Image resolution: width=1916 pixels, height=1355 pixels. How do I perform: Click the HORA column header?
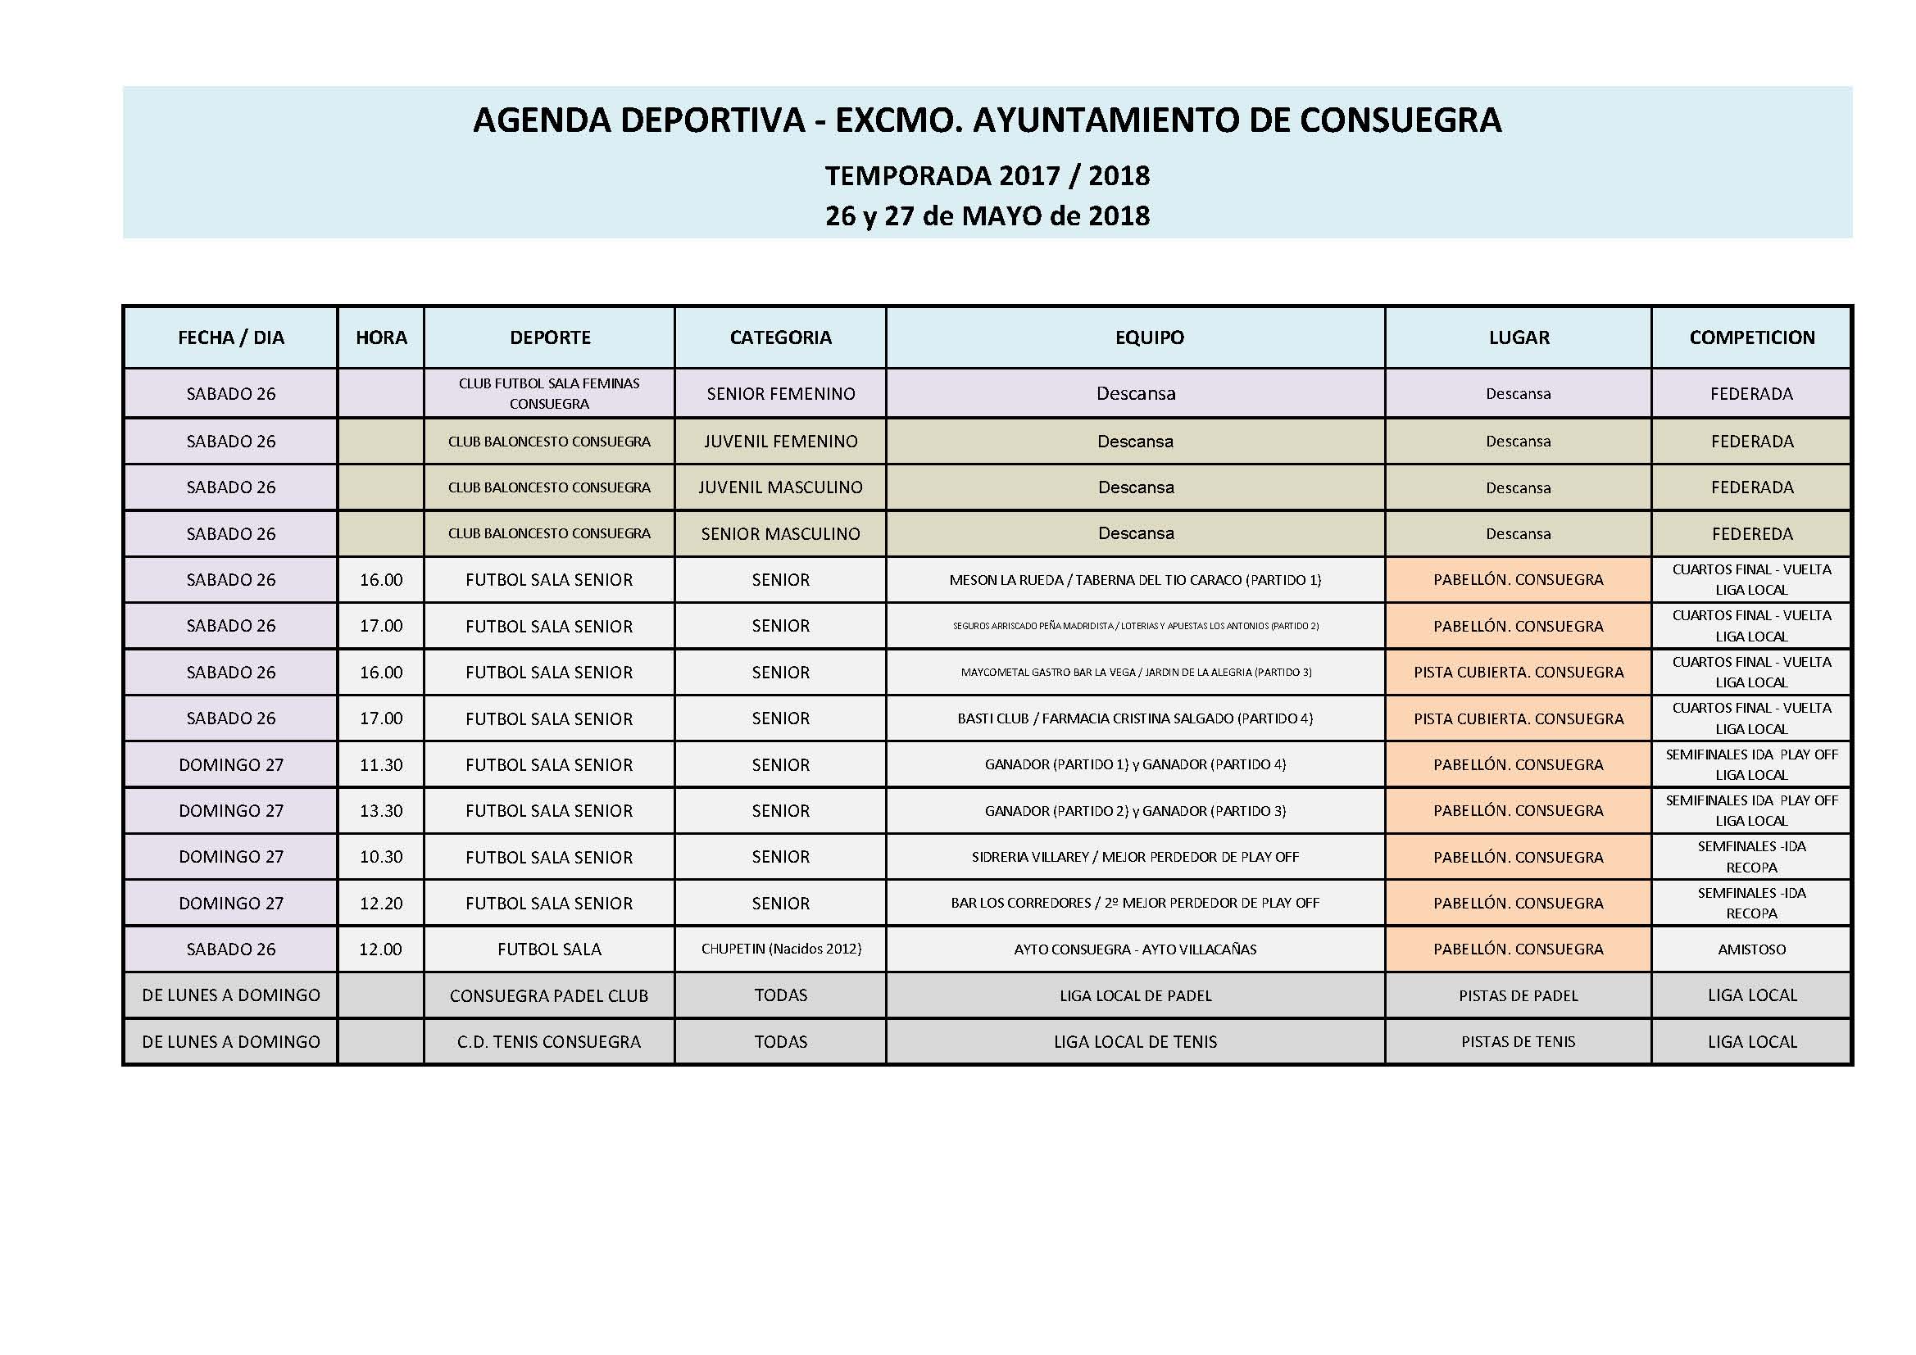click(x=381, y=337)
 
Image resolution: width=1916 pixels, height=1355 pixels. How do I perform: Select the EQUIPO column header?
click(x=1149, y=337)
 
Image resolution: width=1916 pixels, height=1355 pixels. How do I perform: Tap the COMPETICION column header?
click(x=1751, y=337)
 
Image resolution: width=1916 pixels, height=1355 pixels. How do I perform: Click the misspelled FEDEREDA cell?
click(x=1751, y=534)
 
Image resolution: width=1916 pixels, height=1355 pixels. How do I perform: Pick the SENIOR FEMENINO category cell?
click(x=780, y=394)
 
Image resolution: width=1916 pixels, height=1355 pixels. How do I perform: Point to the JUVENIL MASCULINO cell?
click(x=780, y=487)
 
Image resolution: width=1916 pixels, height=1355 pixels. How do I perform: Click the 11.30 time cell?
click(x=381, y=765)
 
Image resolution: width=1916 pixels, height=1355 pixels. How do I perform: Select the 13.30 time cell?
click(x=381, y=811)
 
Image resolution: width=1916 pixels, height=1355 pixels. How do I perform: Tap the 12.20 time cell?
click(x=381, y=904)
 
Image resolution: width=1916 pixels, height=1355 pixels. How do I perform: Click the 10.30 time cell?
click(x=381, y=857)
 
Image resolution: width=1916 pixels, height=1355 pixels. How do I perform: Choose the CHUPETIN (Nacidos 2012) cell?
click(x=780, y=949)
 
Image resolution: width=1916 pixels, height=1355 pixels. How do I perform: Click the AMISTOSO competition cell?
click(x=1751, y=949)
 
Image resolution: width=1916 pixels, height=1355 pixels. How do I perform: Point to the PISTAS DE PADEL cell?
click(x=1518, y=995)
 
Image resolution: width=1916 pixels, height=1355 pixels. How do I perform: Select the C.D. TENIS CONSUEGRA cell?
click(x=549, y=1042)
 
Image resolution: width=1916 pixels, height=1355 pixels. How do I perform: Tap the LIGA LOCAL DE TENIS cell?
click(x=1135, y=1042)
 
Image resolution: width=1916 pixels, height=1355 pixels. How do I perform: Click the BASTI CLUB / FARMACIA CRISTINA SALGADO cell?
click(x=1135, y=718)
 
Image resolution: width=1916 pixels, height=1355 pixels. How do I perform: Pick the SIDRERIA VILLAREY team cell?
click(x=1135, y=857)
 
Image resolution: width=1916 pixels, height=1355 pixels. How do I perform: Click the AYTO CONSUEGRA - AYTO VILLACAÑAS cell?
click(x=1135, y=949)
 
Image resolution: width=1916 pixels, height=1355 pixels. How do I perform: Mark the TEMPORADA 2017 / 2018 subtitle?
click(x=988, y=176)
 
